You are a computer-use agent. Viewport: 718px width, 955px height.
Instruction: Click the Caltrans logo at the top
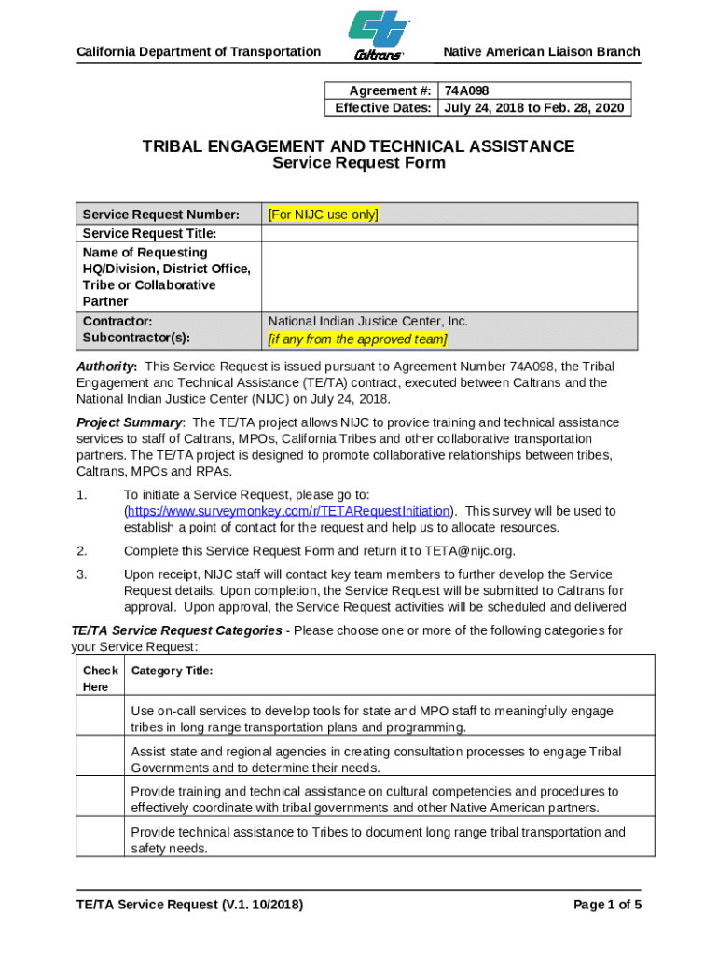tap(380, 35)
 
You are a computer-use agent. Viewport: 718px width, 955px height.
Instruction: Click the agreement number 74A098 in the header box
tap(467, 90)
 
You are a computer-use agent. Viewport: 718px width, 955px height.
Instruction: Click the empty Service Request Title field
tap(449, 233)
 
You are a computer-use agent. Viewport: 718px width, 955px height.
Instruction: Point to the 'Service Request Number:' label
tap(160, 215)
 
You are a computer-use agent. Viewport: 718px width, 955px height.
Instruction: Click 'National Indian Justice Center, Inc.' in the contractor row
tap(367, 321)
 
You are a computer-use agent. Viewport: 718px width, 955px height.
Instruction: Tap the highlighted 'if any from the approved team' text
tap(357, 339)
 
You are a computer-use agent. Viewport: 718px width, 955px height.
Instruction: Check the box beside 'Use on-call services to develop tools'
tap(100, 719)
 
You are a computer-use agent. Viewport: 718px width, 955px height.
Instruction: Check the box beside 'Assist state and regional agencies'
tap(100, 759)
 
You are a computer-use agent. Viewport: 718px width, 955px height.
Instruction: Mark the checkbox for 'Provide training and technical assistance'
tap(100, 799)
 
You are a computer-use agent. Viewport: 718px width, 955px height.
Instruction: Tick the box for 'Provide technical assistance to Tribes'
tap(100, 839)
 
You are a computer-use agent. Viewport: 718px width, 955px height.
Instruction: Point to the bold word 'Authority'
tap(106, 367)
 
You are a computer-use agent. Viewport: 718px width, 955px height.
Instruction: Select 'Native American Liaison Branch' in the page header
tap(542, 51)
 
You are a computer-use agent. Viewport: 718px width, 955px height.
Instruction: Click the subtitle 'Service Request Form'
tap(358, 163)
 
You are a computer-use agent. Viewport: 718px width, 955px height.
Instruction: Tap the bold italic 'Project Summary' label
tap(129, 422)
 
